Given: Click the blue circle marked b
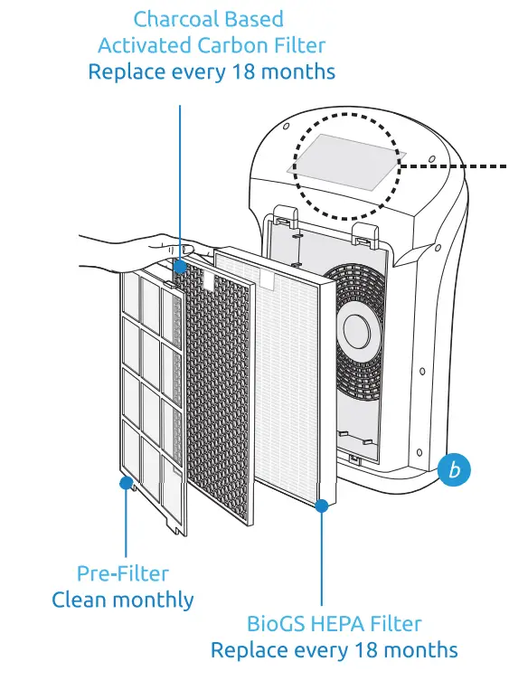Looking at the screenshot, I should [x=455, y=470].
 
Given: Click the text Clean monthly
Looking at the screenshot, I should [x=122, y=600].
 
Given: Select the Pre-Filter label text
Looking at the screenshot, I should [x=122, y=573].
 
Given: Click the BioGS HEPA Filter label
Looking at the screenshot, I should [x=334, y=623].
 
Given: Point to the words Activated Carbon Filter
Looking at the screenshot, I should [x=211, y=44].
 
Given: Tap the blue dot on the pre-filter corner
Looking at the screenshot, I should [x=126, y=482].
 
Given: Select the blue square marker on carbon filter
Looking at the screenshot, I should [x=181, y=267].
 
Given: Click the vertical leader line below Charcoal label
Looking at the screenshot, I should [x=181, y=181].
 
